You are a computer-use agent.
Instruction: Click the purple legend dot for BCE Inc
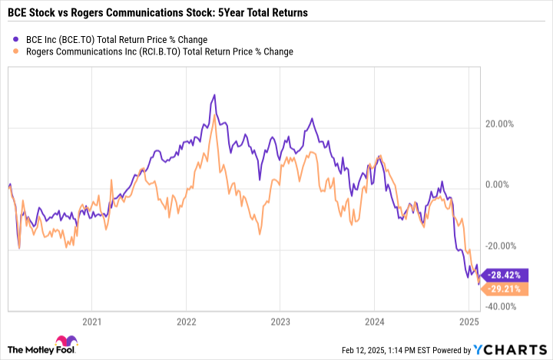pyautogui.click(x=17, y=39)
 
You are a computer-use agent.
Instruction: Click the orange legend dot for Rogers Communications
pyautogui.click(x=17, y=51)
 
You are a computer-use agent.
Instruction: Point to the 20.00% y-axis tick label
pyautogui.click(x=505, y=124)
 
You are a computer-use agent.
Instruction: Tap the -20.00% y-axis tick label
pyautogui.click(x=504, y=246)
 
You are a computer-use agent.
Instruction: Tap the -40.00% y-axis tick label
pyautogui.click(x=504, y=306)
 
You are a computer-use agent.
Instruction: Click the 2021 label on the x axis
pyautogui.click(x=92, y=320)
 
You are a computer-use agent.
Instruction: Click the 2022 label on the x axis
pyautogui.click(x=186, y=320)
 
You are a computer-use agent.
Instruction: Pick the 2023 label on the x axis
pyautogui.click(x=280, y=320)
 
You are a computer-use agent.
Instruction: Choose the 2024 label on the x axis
pyautogui.click(x=374, y=320)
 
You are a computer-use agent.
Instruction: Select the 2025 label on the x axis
pyautogui.click(x=469, y=320)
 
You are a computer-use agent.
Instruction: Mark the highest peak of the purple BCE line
pyautogui.click(x=214, y=95)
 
